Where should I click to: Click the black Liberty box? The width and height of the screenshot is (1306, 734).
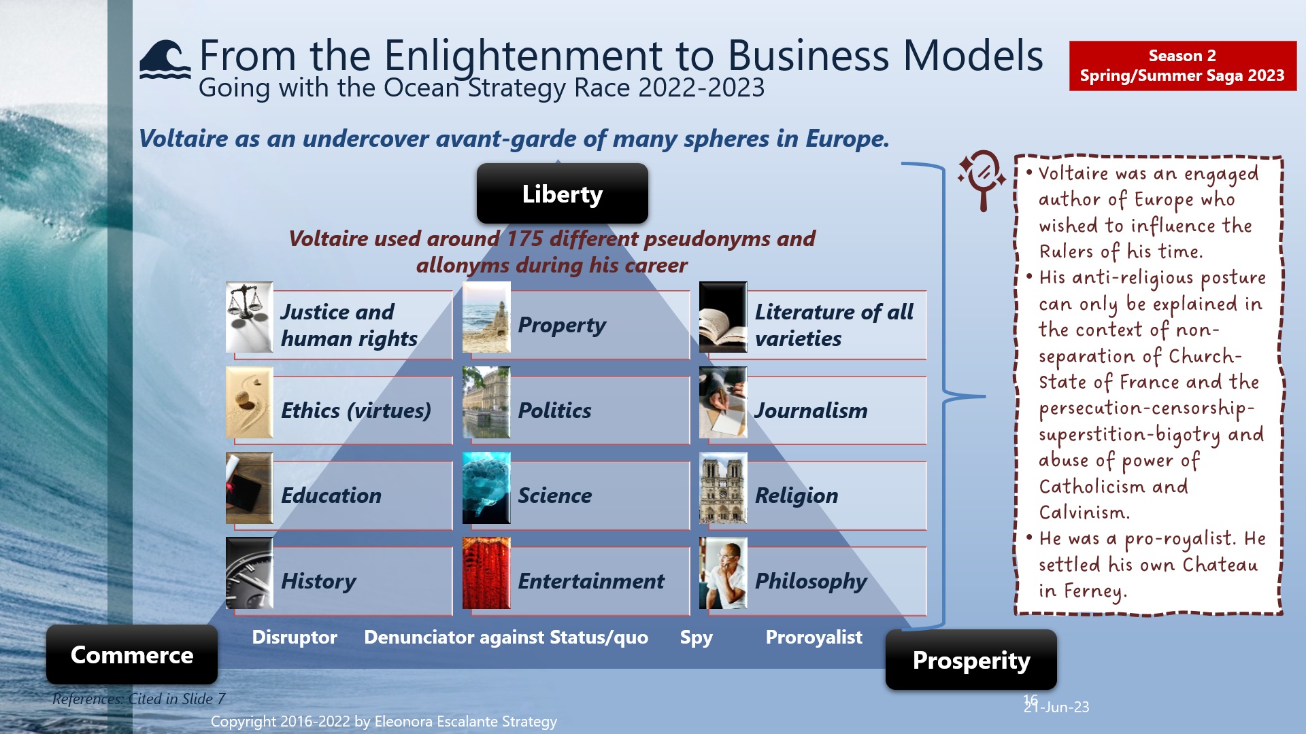click(562, 194)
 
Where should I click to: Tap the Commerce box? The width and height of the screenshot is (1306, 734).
click(132, 654)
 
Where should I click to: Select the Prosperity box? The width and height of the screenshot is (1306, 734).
click(971, 660)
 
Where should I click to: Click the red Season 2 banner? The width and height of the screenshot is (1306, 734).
click(1182, 66)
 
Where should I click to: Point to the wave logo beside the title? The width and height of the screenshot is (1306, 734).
click(165, 60)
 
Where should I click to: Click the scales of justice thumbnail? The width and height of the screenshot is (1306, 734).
click(249, 317)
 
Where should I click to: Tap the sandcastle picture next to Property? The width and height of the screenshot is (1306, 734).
click(486, 317)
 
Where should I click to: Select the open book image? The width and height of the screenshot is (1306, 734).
click(723, 317)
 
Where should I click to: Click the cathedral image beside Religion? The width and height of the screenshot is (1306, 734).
click(723, 488)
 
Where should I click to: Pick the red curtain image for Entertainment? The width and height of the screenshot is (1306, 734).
click(486, 573)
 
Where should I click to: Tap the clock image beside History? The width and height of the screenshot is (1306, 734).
click(249, 573)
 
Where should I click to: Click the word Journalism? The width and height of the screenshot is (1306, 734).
click(811, 410)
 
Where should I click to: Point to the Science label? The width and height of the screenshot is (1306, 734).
click(554, 495)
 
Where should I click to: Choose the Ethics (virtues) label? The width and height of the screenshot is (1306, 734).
click(356, 410)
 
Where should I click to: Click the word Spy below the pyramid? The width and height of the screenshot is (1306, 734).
click(696, 637)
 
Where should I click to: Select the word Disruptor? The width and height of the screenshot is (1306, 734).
click(294, 637)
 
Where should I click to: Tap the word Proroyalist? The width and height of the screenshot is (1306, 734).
click(814, 637)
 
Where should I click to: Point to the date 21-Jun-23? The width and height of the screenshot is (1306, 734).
click(1057, 707)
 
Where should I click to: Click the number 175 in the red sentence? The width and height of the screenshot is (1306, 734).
click(524, 239)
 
